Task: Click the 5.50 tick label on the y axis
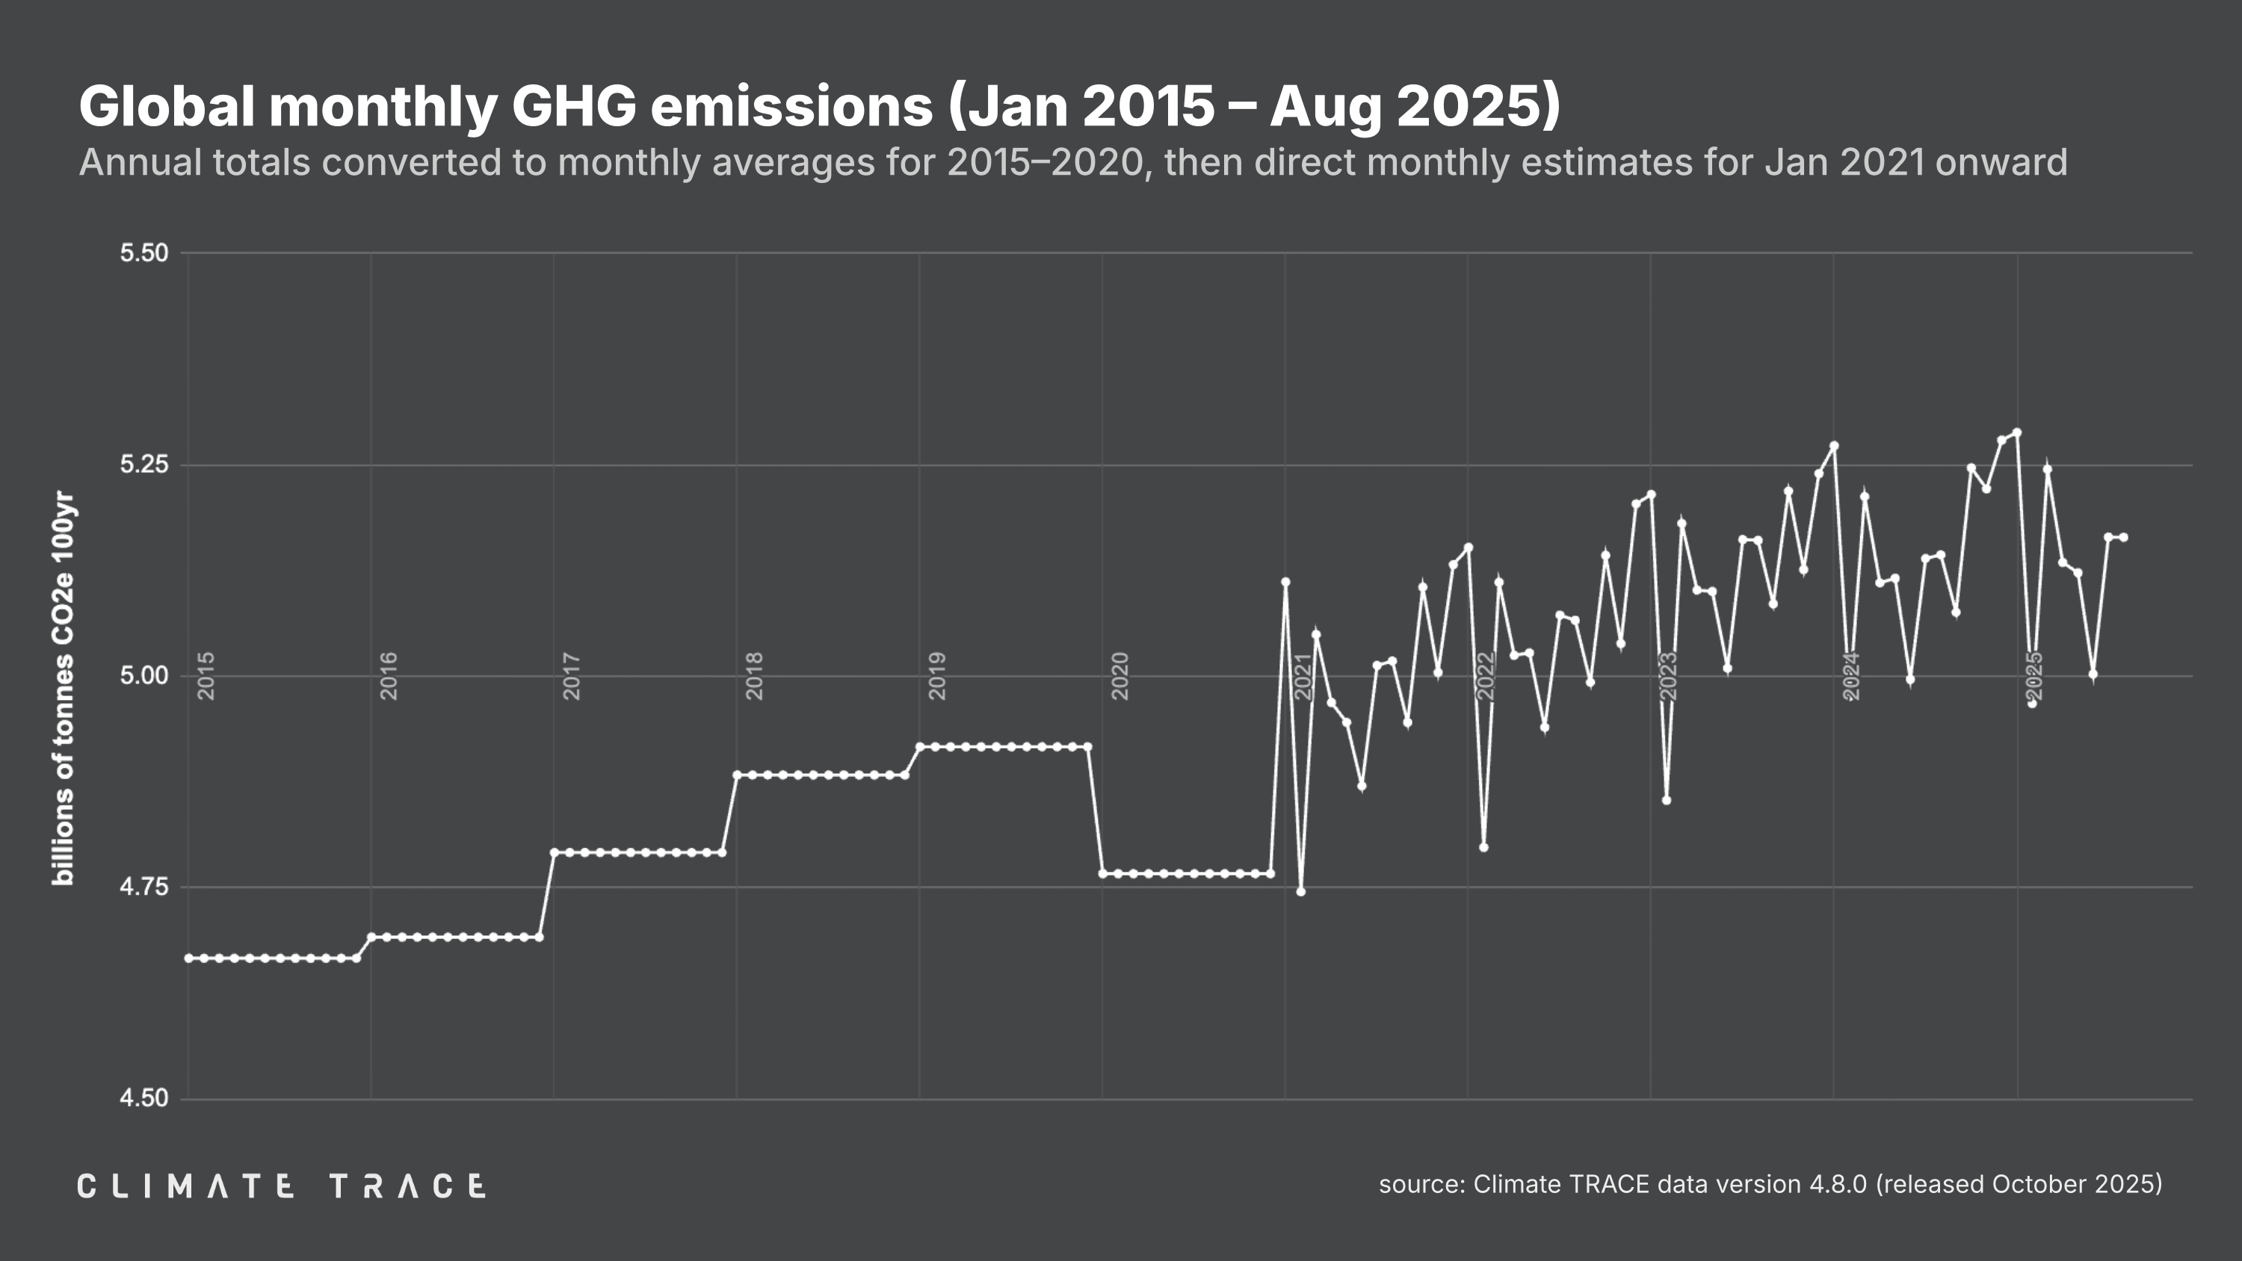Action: pos(143,253)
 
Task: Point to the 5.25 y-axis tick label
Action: pos(143,465)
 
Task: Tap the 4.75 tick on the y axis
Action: pos(143,887)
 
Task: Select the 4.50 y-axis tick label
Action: pos(143,1098)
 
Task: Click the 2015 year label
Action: pos(206,675)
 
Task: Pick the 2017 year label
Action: pos(572,675)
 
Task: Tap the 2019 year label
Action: pos(937,675)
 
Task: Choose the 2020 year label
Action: pos(1120,675)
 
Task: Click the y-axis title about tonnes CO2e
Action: pos(64,687)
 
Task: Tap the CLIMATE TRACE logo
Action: pos(281,1186)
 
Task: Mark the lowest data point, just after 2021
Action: pos(1300,891)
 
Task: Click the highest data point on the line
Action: pos(2016,433)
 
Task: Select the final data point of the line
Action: pos(2124,537)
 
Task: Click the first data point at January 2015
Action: pos(189,958)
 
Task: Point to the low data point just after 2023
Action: pos(1666,800)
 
